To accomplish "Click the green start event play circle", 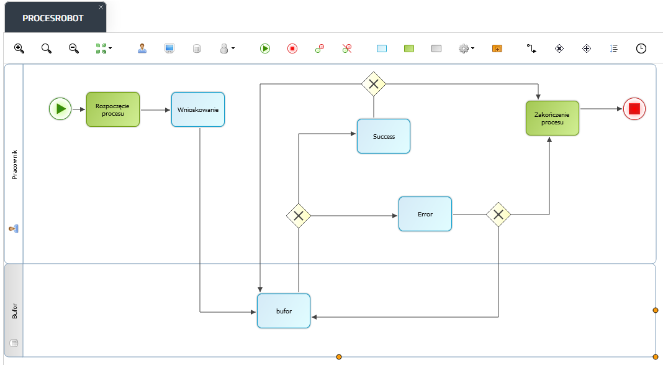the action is tap(60, 109).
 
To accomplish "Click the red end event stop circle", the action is tap(634, 109).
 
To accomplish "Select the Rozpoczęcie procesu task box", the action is tap(113, 109).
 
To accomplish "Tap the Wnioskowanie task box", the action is tap(198, 109).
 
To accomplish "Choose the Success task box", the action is tap(384, 136).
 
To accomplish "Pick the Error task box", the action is tap(425, 214).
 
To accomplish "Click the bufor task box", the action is tap(284, 311).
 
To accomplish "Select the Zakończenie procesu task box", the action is tap(552, 118).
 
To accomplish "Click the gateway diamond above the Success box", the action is tap(374, 84).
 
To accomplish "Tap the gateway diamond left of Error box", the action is tap(299, 216).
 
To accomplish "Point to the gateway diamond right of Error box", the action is tap(498, 215).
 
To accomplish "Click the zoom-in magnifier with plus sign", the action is tap(19, 49).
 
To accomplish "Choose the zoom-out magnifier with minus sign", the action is tap(74, 49).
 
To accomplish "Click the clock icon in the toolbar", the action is tap(641, 49).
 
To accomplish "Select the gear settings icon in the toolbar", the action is tap(464, 49).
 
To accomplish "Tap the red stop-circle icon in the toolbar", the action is tap(292, 49).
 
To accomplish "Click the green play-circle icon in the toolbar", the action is tap(265, 49).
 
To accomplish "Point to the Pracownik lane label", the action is tap(15, 165).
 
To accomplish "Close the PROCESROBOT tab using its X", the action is tap(101, 7).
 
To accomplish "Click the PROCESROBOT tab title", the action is tap(53, 18).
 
